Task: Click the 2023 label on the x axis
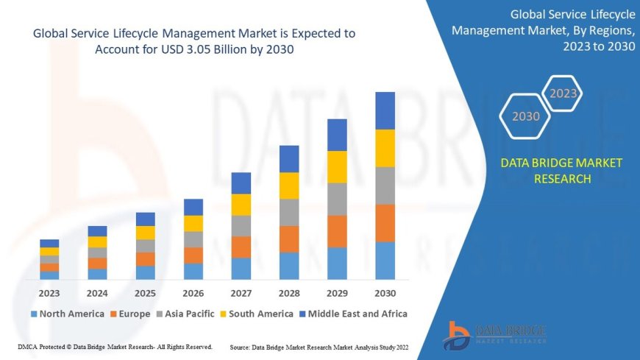click(x=49, y=293)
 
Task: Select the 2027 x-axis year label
click(x=241, y=293)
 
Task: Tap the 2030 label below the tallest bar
click(x=385, y=293)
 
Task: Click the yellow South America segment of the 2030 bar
click(x=385, y=148)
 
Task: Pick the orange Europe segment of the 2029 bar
click(x=337, y=231)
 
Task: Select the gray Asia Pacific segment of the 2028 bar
click(x=289, y=212)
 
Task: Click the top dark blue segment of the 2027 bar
click(x=241, y=183)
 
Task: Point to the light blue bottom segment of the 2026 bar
click(x=193, y=272)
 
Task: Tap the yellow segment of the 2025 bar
click(x=146, y=233)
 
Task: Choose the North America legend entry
click(x=67, y=314)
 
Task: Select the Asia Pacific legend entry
click(x=187, y=314)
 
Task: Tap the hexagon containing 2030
click(x=525, y=116)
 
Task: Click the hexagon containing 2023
click(x=563, y=93)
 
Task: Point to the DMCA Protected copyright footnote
click(x=115, y=347)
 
